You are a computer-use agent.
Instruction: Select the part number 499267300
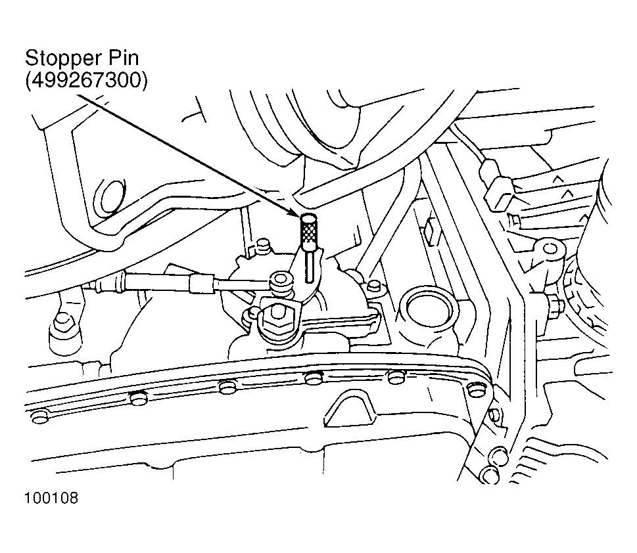click(86, 80)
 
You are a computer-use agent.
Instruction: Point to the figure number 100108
click(51, 498)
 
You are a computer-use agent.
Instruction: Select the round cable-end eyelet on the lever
click(280, 279)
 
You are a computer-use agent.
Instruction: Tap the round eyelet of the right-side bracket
click(550, 248)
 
